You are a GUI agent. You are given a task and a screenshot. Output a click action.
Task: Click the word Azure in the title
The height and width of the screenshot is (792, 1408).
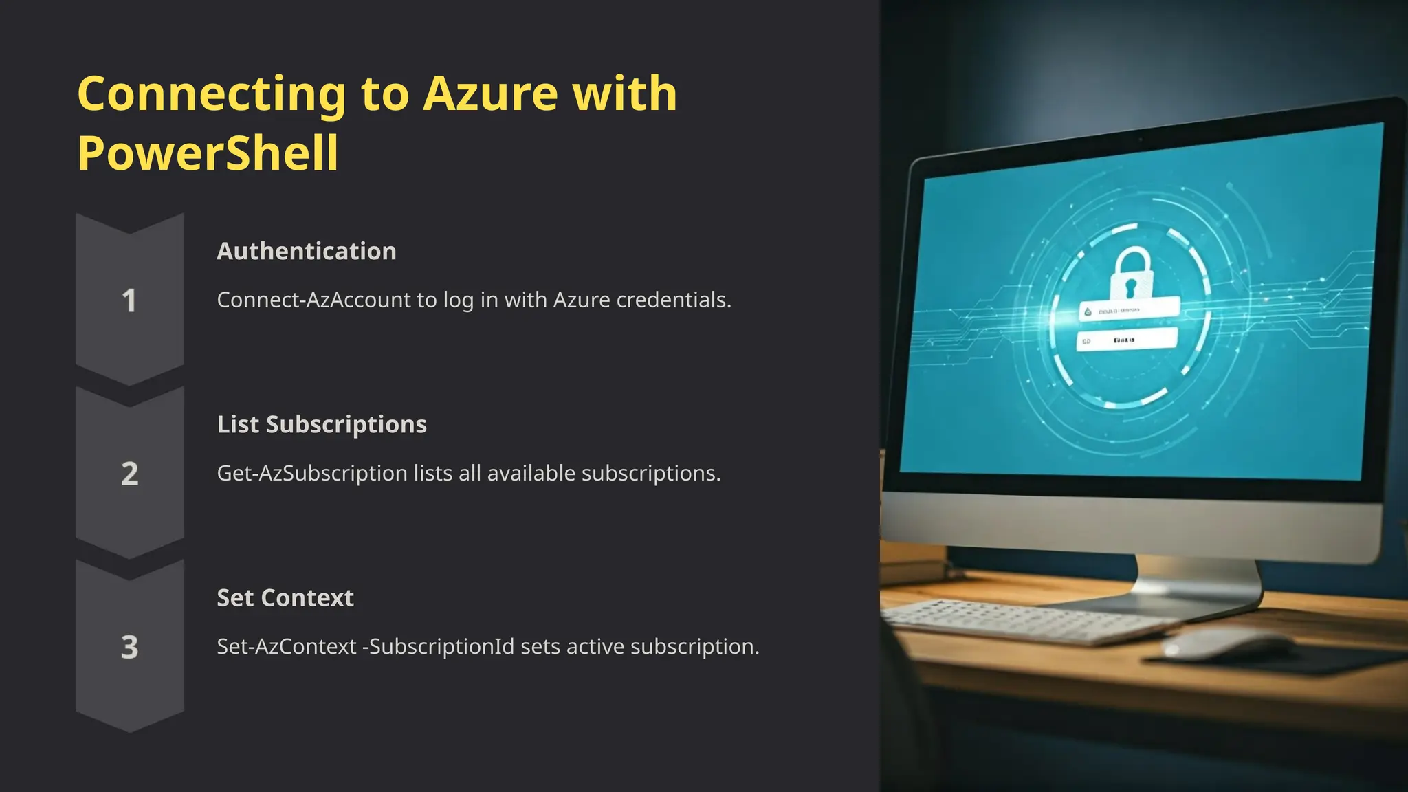(x=489, y=93)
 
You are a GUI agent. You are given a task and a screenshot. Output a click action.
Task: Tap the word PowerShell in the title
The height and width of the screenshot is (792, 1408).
(x=208, y=153)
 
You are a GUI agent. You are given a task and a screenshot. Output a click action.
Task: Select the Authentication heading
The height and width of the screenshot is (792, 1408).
(x=307, y=251)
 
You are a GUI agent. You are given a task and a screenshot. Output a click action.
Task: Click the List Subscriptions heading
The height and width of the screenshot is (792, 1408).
(x=322, y=424)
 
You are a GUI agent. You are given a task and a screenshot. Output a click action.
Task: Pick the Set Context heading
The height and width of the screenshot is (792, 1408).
(x=285, y=597)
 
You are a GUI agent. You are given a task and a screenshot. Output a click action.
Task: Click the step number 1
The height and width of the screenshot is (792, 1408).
(x=129, y=300)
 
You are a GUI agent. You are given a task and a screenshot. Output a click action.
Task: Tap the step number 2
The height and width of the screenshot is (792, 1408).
(x=129, y=474)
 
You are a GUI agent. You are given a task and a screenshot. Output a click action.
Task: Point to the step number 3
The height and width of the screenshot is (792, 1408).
(x=129, y=647)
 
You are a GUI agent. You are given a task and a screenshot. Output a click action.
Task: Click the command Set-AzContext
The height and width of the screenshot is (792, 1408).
(x=286, y=646)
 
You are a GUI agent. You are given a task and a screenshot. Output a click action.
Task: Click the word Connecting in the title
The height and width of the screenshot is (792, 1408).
(x=212, y=93)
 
